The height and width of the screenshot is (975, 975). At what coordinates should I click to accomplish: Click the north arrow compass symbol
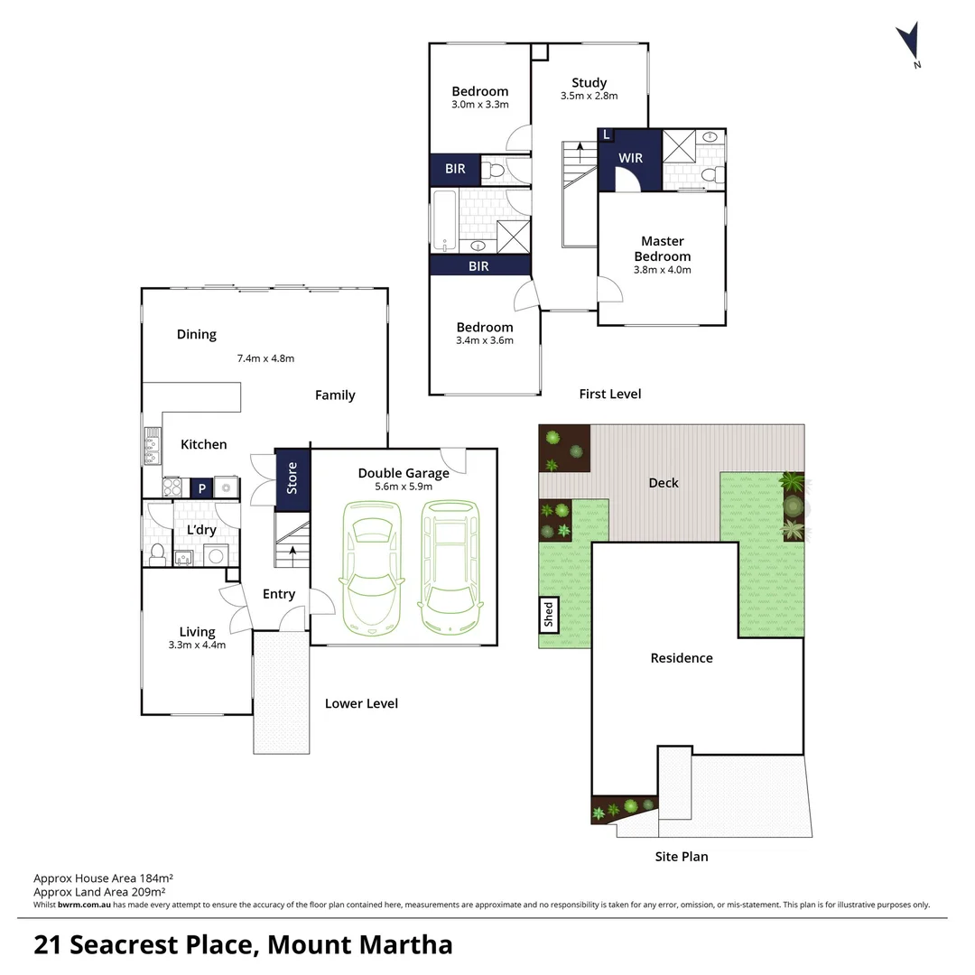point(908,43)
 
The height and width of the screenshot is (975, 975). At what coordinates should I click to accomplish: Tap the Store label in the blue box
point(292,478)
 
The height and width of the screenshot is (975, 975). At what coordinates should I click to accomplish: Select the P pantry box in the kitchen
point(201,488)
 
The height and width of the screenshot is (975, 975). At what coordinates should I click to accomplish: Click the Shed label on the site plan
point(548,615)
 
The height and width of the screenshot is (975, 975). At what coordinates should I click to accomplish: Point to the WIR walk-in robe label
point(630,158)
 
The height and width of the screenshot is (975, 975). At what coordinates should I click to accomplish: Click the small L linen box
point(606,135)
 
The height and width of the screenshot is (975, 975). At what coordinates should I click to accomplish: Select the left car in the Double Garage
point(367,568)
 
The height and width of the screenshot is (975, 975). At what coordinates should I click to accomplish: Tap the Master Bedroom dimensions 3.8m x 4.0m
point(662,269)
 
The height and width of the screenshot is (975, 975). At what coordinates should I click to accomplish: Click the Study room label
point(589,83)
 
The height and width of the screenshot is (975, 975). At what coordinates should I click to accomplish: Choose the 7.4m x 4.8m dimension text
point(265,358)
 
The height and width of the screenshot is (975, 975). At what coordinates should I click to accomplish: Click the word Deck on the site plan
point(664,483)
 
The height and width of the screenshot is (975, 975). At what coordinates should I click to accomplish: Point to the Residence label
point(682,658)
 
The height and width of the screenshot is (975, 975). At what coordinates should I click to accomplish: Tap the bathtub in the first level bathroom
point(443,220)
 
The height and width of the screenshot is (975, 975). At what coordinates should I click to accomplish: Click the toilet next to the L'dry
point(156,552)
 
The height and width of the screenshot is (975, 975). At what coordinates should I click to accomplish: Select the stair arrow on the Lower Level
point(292,552)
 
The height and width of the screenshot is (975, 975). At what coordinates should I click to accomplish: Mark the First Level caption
point(609,394)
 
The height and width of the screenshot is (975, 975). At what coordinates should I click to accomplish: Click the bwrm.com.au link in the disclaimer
point(84,905)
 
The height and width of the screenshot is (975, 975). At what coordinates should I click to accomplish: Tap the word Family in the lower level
point(335,395)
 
